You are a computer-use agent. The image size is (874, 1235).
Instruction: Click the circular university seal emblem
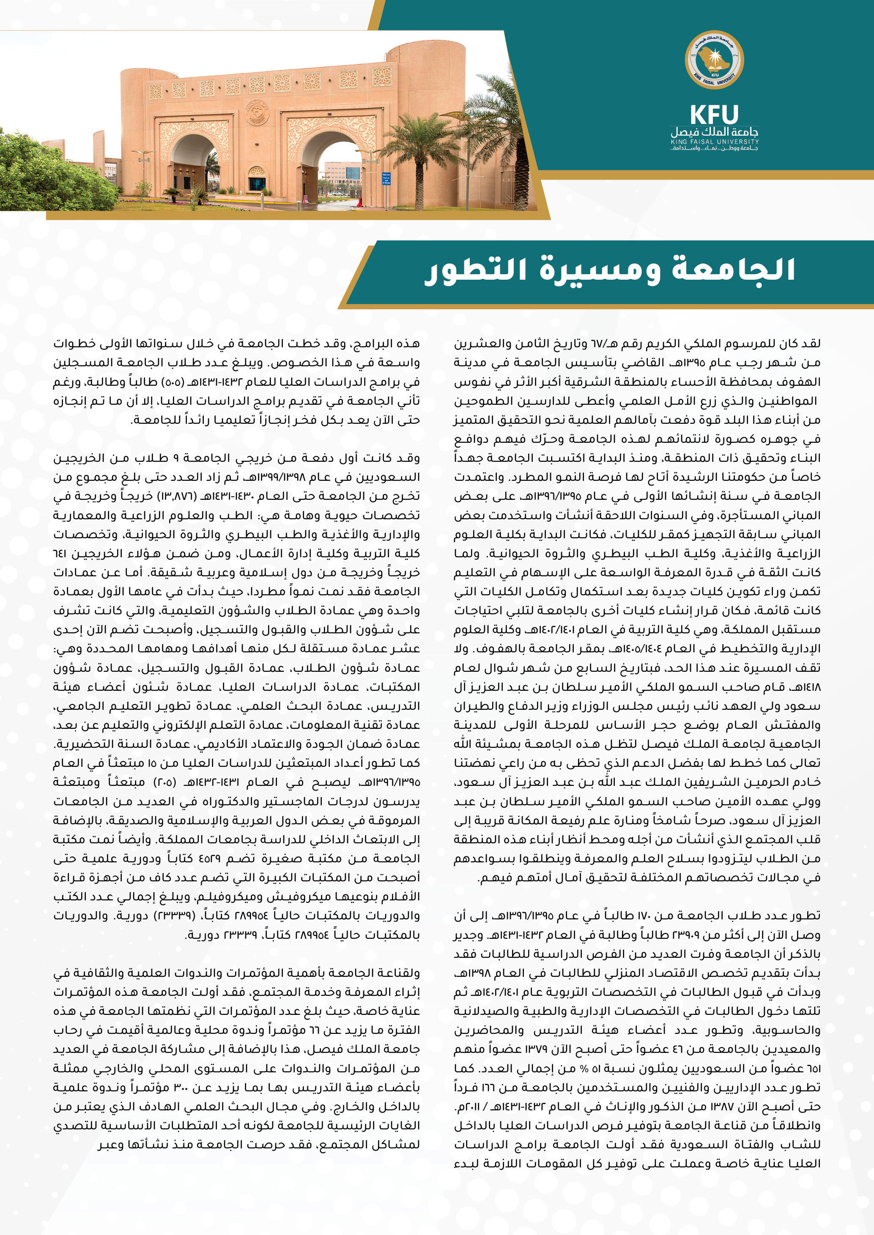click(714, 59)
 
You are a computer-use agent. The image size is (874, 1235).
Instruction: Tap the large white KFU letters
click(714, 115)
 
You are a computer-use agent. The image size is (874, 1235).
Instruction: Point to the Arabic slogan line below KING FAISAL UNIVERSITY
click(714, 148)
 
